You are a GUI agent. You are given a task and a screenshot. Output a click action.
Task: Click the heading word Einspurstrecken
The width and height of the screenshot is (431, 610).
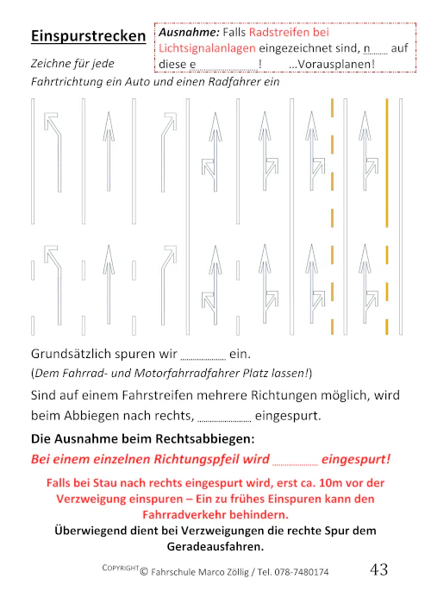click(88, 36)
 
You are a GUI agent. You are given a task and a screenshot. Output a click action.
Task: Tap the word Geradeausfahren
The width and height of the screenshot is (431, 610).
click(215, 546)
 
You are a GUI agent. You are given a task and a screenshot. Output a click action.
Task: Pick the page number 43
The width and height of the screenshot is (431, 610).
click(378, 569)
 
